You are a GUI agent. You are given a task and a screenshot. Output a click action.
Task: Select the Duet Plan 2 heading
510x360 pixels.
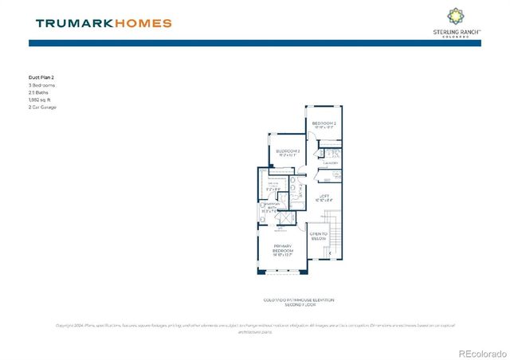(x=41, y=78)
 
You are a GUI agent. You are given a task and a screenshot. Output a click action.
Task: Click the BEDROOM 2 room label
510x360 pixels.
(x=324, y=124)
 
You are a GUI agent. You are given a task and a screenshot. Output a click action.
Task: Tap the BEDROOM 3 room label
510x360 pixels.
(x=288, y=151)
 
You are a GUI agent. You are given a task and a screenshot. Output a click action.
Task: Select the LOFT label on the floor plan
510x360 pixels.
(x=324, y=196)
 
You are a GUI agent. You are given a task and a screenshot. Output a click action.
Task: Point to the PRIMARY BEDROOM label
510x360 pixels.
(x=284, y=248)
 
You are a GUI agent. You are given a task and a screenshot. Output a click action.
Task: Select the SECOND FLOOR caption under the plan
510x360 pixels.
(x=299, y=304)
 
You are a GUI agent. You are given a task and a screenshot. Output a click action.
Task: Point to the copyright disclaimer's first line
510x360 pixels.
(x=255, y=325)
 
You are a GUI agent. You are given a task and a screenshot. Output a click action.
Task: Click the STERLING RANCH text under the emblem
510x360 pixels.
(x=455, y=31)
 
